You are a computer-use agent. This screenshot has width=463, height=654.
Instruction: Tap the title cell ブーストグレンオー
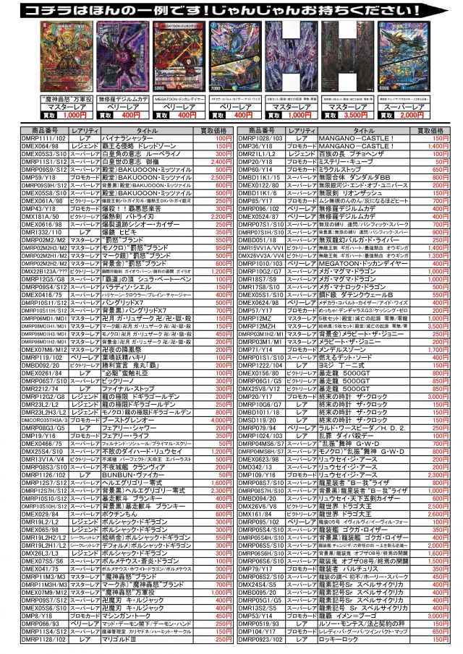tap(148, 419)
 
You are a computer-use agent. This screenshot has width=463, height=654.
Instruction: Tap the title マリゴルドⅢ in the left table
tap(148, 639)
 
